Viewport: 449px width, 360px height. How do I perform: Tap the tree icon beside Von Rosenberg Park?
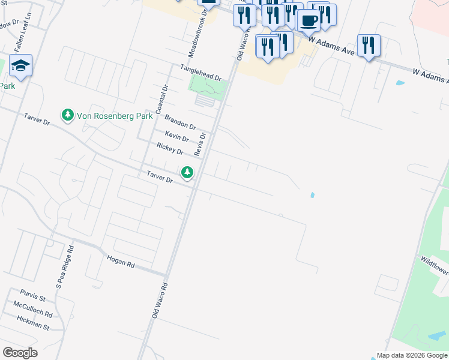coord(68,114)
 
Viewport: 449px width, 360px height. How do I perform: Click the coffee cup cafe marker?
coord(309,20)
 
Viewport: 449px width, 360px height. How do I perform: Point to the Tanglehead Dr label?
coord(198,73)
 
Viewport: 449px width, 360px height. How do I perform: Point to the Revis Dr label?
coord(202,145)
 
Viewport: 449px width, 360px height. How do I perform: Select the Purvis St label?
coord(32,296)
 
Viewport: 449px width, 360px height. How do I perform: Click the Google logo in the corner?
coord(20,352)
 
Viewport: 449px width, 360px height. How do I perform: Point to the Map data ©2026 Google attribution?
coord(411,355)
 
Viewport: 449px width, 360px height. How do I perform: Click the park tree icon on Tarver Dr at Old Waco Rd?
coord(188,173)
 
